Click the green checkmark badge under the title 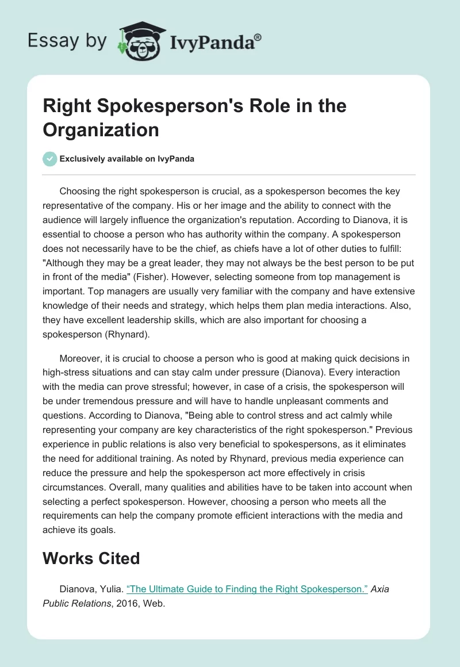50,159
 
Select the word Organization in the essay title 101,129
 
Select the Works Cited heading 91,558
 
